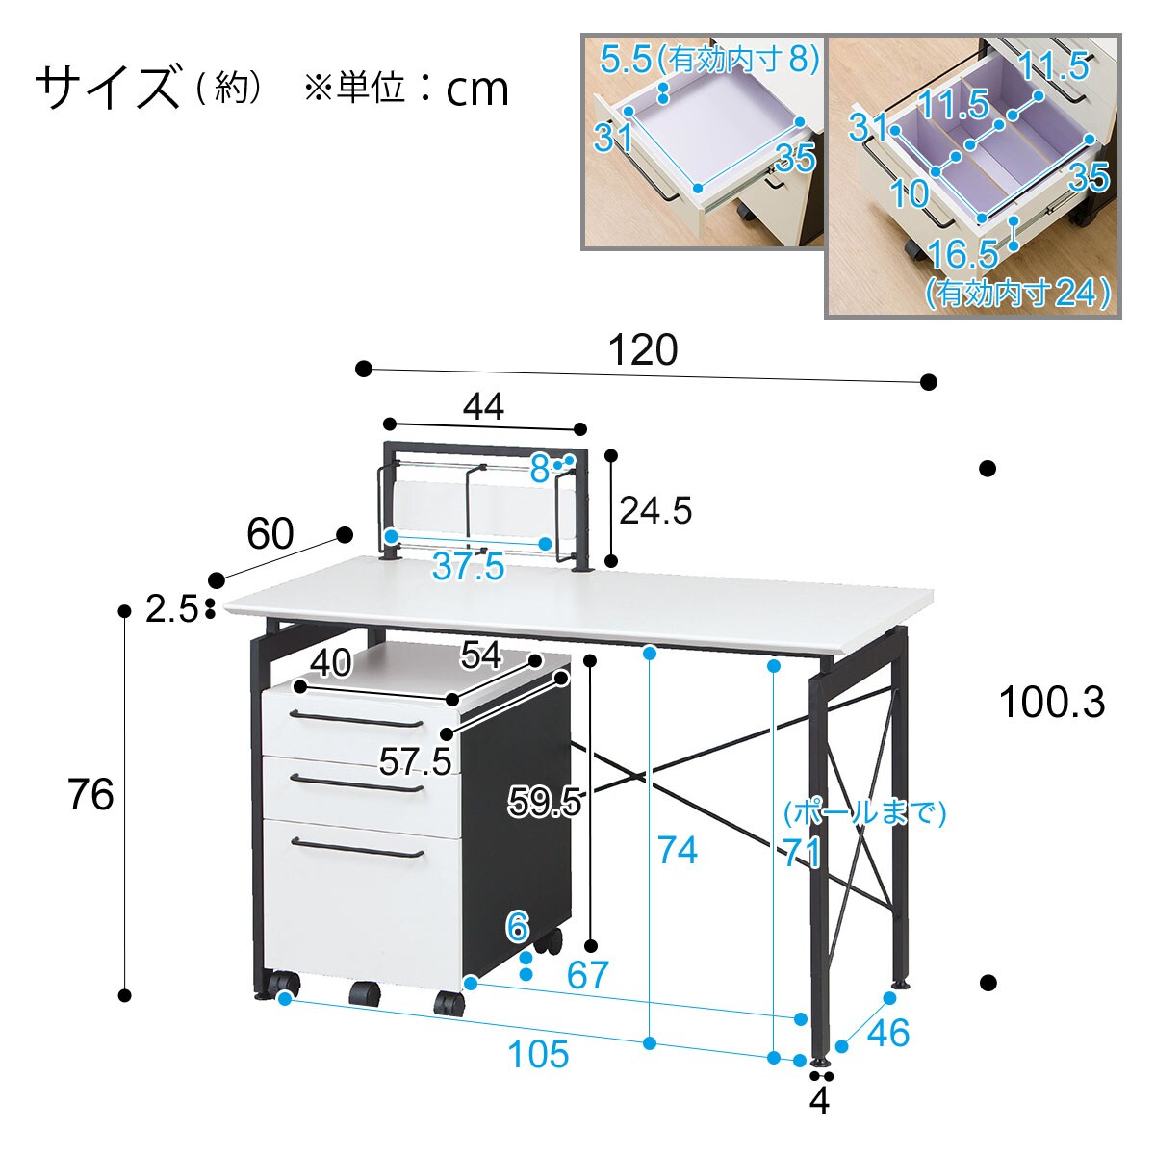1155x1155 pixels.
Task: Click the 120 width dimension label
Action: (642, 350)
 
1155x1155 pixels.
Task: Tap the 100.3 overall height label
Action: (1051, 703)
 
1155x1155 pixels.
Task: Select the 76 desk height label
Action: (90, 795)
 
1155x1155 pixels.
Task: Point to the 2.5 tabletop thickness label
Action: (171, 608)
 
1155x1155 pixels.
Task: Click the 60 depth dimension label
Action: (269, 533)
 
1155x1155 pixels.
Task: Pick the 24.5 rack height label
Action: (655, 510)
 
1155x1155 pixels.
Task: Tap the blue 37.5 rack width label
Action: (468, 567)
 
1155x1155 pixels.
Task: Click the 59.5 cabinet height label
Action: (545, 800)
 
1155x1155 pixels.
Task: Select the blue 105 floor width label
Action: (538, 1054)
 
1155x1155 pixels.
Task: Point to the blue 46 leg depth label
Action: (887, 1032)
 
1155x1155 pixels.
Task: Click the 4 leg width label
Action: (819, 1100)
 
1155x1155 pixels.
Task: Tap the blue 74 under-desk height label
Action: (677, 850)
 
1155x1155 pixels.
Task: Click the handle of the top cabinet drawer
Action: (356, 719)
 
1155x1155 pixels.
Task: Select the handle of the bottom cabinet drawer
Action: (356, 849)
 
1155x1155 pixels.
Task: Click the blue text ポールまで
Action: (864, 813)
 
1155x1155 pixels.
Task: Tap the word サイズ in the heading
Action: (108, 88)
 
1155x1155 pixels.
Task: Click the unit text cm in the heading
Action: (477, 90)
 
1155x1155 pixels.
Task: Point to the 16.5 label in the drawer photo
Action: (963, 254)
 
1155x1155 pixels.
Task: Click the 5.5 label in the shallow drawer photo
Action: (626, 60)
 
